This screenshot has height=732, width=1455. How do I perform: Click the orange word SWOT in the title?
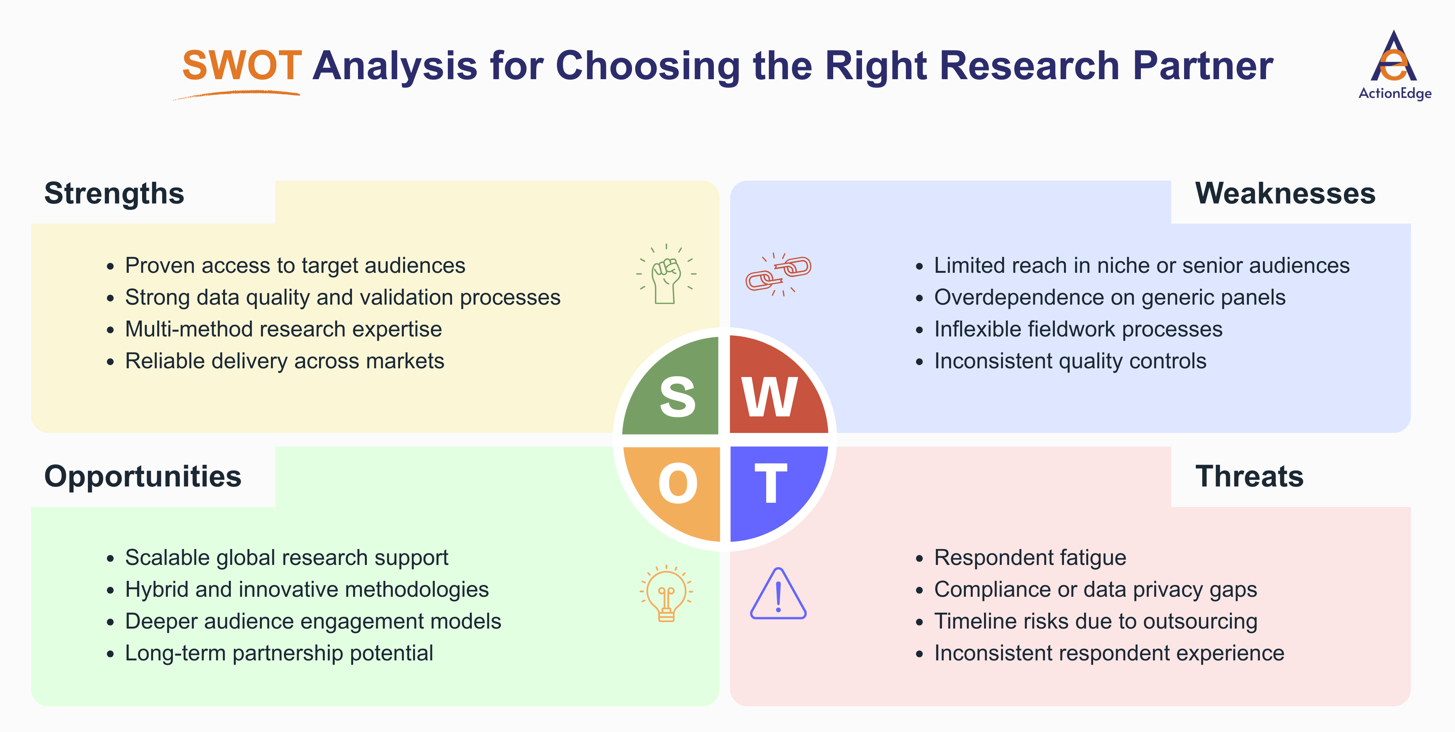tap(242, 66)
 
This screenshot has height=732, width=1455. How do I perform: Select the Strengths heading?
tap(114, 194)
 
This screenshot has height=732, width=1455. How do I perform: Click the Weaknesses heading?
tap(1285, 194)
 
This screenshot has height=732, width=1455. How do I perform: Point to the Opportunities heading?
tap(143, 477)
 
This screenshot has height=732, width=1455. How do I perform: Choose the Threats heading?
tap(1249, 477)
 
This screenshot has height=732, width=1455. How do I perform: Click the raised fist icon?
tap(666, 275)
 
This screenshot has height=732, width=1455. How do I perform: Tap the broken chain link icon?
tap(778, 274)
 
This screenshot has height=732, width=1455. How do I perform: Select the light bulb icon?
tap(666, 593)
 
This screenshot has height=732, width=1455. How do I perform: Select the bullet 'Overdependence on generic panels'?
tap(1109, 298)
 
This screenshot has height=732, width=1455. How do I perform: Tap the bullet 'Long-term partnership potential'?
tap(279, 654)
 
